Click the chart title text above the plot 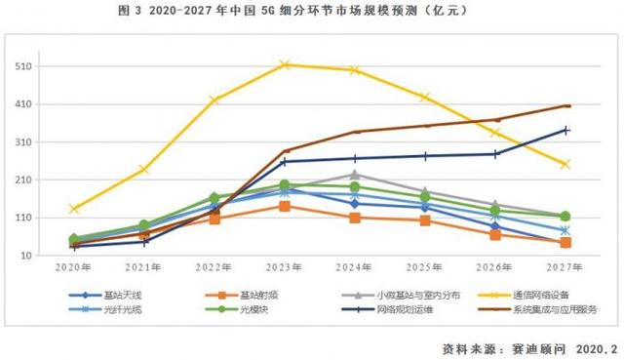[x=311, y=12]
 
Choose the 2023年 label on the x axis [x=285, y=266]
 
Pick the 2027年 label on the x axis [x=565, y=266]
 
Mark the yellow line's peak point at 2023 [x=285, y=64]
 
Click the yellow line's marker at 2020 [x=74, y=209]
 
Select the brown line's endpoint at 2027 [x=565, y=105]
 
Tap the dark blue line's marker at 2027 [x=565, y=130]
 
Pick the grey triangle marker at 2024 [x=355, y=175]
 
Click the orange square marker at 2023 [x=285, y=206]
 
